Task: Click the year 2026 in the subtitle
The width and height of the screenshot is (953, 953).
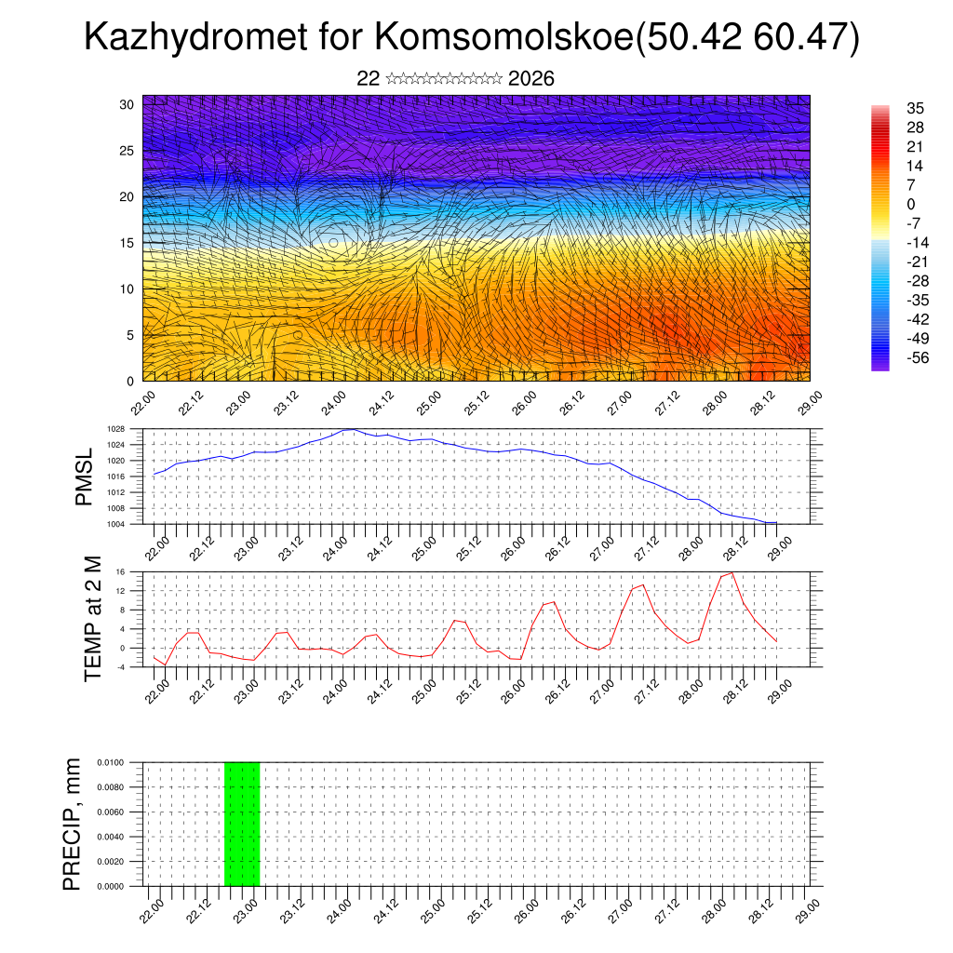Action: tap(531, 78)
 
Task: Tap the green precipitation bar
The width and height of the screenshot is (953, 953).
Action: tap(242, 824)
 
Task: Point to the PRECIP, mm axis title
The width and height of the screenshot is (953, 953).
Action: tap(73, 824)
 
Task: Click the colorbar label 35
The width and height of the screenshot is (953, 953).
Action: tap(915, 109)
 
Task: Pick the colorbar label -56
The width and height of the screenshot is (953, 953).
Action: tap(917, 357)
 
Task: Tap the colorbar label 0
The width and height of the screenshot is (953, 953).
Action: tap(911, 204)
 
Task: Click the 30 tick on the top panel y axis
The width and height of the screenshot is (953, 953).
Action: tap(127, 104)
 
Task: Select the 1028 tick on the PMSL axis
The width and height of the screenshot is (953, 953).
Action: tap(115, 429)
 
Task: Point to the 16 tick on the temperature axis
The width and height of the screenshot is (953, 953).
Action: tap(120, 572)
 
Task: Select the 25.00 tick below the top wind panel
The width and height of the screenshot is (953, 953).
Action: tap(428, 401)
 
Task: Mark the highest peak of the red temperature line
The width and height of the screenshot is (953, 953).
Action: tap(732, 572)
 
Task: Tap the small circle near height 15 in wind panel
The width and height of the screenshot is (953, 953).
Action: tap(333, 243)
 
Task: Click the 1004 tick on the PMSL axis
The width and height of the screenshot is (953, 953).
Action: tap(115, 524)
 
